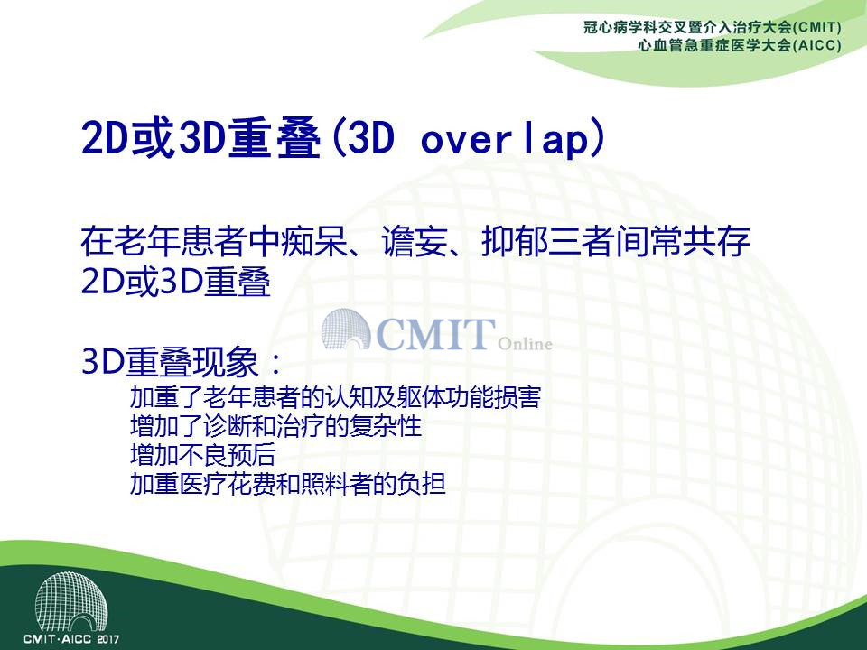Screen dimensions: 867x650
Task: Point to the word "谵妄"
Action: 415,241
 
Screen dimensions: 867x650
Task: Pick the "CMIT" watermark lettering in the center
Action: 435,334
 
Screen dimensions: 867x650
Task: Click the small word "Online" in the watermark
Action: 525,344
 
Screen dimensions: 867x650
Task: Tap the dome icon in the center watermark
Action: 346,330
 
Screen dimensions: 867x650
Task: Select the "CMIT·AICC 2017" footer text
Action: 71,639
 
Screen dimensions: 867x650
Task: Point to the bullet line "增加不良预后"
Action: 203,455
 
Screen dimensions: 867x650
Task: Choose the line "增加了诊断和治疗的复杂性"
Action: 276,425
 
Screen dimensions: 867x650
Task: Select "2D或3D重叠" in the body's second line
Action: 176,282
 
